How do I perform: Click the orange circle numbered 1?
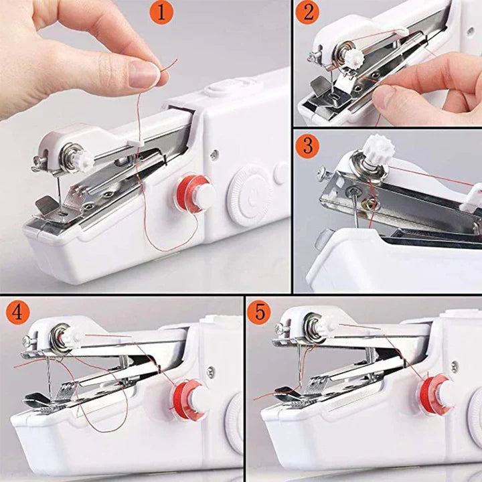[161, 13]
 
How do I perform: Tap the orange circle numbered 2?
[307, 12]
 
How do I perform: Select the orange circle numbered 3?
[307, 145]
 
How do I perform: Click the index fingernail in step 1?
[145, 74]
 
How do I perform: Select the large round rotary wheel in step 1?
[249, 195]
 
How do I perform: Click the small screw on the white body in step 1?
[214, 154]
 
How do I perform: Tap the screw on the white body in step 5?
[455, 367]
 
